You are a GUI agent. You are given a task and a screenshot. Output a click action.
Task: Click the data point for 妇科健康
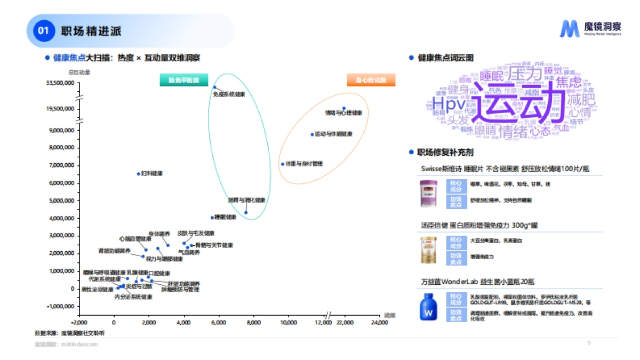pyautogui.click(x=139, y=173)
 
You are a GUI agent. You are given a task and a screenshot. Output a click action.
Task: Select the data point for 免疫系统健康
pyautogui.click(x=215, y=87)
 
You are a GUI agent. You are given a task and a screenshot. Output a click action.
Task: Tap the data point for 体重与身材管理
pyautogui.click(x=283, y=164)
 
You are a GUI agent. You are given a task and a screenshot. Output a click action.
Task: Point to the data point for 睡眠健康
pyautogui.click(x=212, y=217)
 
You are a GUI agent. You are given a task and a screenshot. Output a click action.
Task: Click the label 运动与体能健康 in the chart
pyautogui.click(x=333, y=134)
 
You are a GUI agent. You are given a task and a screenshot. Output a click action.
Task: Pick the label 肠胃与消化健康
pyautogui.click(x=246, y=200)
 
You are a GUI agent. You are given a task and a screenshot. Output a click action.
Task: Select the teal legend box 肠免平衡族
pyautogui.click(x=183, y=81)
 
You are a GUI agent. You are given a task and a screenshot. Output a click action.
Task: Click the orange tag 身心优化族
pyautogui.click(x=371, y=81)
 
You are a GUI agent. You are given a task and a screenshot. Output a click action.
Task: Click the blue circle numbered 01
pyautogui.click(x=43, y=31)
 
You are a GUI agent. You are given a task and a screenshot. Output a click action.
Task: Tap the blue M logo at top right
pyautogui.click(x=569, y=28)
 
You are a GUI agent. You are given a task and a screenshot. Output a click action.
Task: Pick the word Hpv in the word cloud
pyautogui.click(x=450, y=103)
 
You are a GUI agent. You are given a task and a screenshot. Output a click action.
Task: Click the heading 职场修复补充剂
pyautogui.click(x=446, y=153)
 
